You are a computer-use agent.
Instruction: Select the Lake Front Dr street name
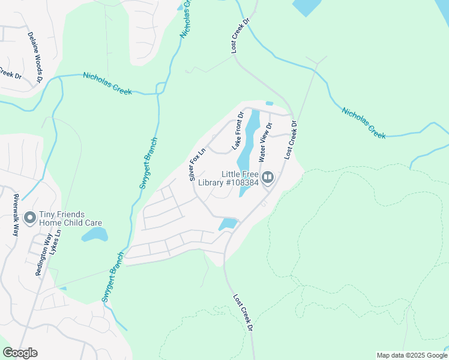(238, 131)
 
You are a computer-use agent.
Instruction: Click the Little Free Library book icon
(268, 177)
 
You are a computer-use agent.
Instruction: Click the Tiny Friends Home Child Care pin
(28, 217)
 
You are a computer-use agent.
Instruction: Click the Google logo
(20, 353)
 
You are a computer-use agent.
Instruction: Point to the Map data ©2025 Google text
(412, 355)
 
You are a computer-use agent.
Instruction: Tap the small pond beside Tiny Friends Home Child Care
(95, 234)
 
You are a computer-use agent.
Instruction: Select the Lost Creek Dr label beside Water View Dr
(291, 139)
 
